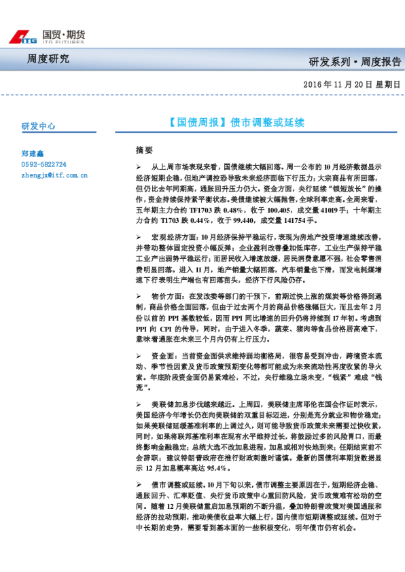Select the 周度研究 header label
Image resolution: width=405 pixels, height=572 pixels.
click(x=48, y=58)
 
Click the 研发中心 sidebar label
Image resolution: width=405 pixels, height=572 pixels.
click(x=39, y=126)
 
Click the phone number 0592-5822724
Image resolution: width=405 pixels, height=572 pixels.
click(x=44, y=164)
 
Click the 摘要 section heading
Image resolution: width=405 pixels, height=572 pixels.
click(x=145, y=149)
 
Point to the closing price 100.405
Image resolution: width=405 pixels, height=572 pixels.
click(x=278, y=211)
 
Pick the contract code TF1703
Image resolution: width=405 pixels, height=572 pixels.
click(x=203, y=211)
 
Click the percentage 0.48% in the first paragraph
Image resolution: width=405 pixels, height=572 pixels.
click(x=238, y=211)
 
